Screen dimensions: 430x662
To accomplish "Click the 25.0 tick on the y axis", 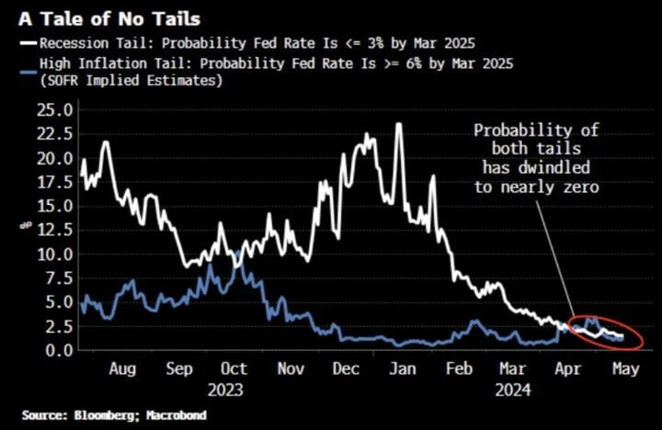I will [55, 109].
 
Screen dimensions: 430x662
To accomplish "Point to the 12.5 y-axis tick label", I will [55, 230].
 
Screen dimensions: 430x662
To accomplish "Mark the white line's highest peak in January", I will [399, 124].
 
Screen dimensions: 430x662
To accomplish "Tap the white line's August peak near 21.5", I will [106, 142].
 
